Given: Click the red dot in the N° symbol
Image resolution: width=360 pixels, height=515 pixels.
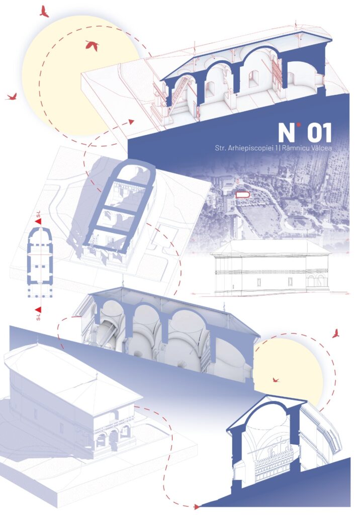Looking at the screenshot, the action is click(298, 125).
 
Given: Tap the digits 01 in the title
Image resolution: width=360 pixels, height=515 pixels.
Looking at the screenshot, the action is click(319, 133).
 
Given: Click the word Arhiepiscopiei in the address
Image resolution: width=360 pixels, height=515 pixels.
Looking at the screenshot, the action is click(251, 148).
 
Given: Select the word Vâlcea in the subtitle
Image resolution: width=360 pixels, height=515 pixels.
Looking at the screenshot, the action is click(321, 148).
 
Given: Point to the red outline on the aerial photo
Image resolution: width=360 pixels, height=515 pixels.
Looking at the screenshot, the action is click(243, 195).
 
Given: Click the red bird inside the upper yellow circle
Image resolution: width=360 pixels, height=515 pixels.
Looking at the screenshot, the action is click(93, 45).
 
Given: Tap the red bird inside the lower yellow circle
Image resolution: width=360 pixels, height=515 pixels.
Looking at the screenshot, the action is click(276, 380).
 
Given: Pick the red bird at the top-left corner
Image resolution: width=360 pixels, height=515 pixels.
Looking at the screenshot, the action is click(44, 12).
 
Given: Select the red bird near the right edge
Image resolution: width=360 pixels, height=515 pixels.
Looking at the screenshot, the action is click(335, 334).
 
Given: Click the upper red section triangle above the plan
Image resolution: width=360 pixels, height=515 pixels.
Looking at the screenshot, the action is click(38, 221).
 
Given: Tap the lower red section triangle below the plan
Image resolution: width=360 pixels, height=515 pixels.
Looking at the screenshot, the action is click(38, 309).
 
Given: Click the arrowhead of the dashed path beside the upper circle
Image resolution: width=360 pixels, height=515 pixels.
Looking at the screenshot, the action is click(131, 122).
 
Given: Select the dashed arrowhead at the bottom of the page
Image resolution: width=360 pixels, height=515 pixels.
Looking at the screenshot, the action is click(197, 507).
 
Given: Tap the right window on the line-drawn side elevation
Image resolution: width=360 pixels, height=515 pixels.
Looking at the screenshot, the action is click(290, 281).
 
